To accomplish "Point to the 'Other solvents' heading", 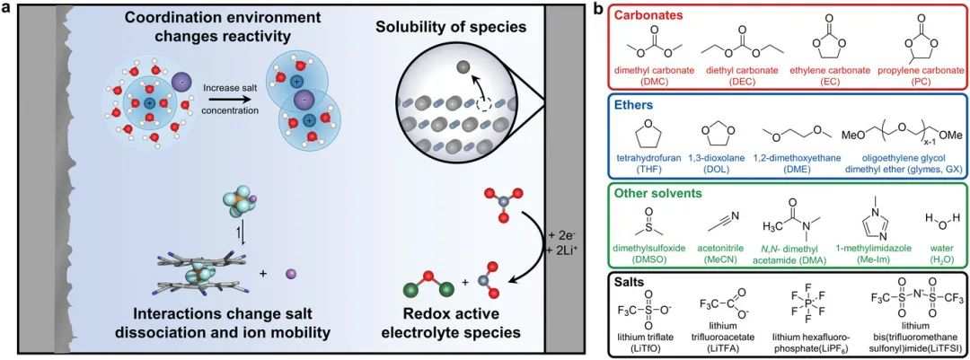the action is [x=649, y=193].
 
